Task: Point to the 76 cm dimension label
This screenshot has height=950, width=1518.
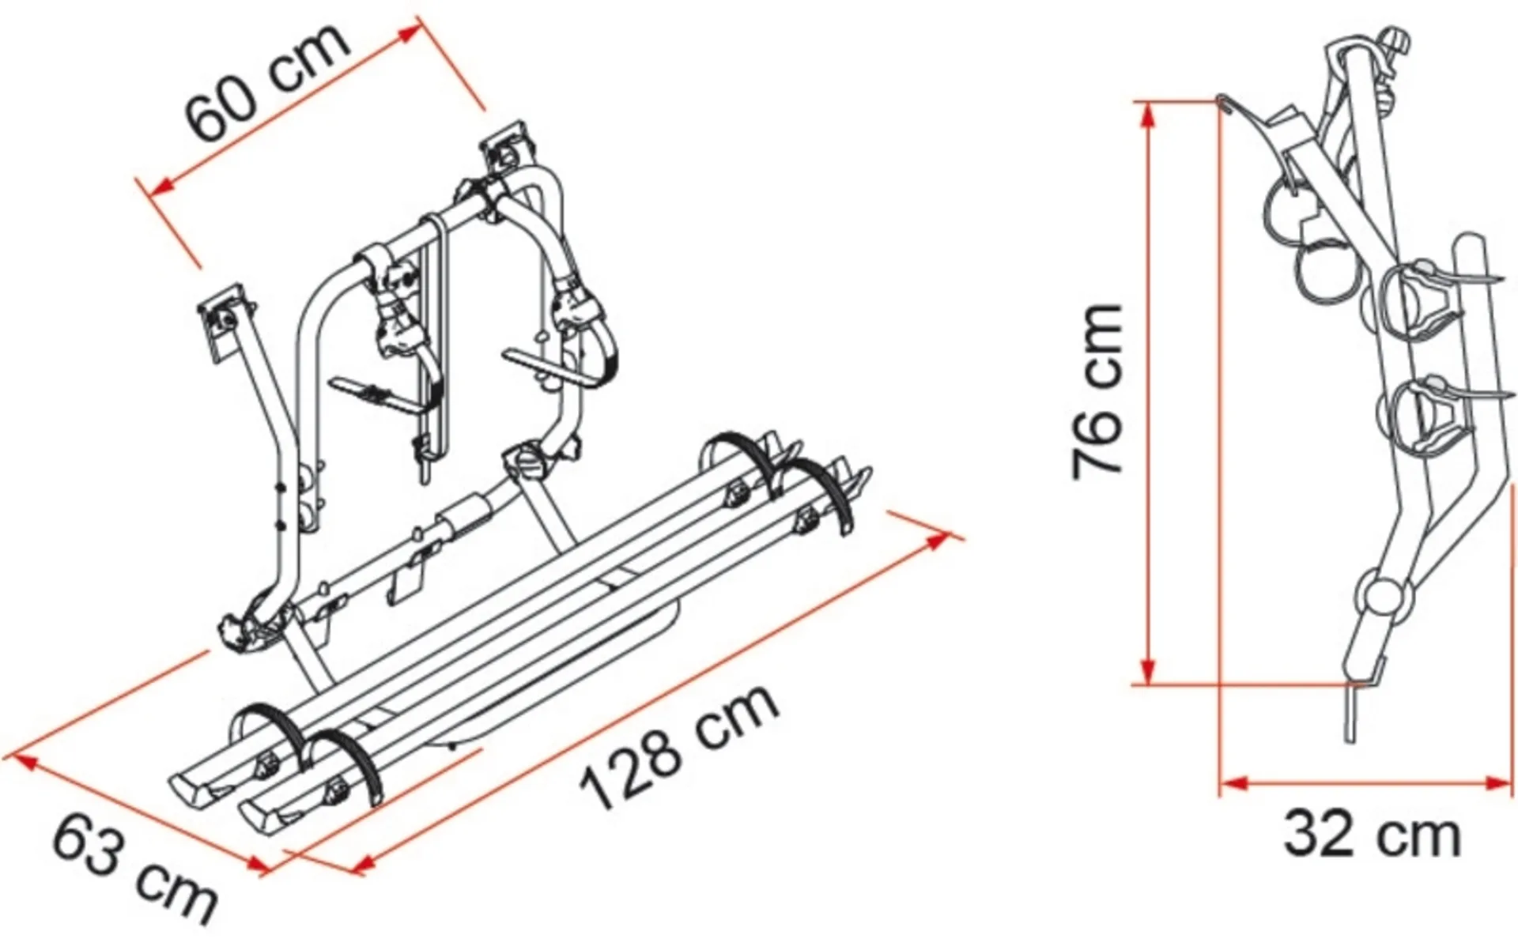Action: tap(1097, 390)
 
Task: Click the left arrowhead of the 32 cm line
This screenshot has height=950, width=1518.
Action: tap(1234, 784)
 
